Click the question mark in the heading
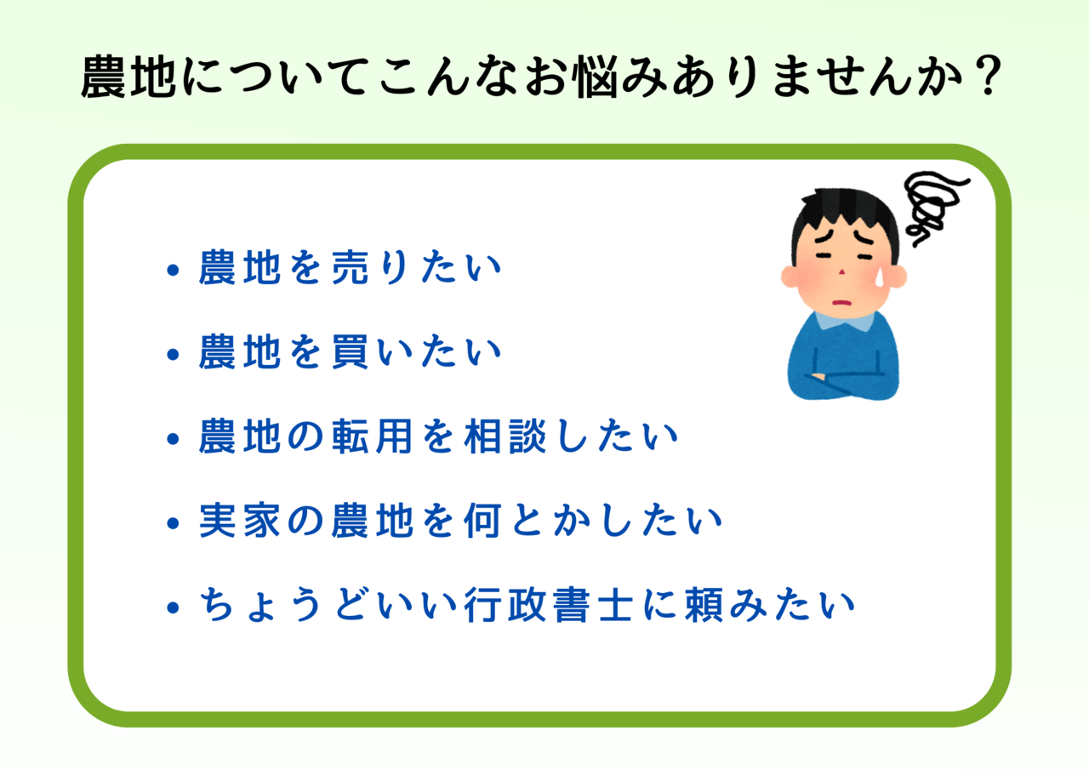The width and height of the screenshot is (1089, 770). coord(988,76)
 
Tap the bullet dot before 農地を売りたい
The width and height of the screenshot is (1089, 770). coord(173,270)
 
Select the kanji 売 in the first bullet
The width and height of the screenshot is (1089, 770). coord(350,267)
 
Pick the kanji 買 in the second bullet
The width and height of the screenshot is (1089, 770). coord(350,351)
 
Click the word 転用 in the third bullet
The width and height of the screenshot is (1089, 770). coord(373,436)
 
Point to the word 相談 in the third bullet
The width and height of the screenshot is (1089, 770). coord(505,436)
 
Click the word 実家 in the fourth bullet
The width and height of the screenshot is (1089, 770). coord(240,521)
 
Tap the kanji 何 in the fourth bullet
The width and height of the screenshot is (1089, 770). coord(482,521)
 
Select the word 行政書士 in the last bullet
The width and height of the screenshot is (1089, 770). coord(549,605)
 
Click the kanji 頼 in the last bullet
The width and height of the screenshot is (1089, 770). coord(704,605)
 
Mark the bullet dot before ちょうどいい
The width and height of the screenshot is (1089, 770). coord(173,607)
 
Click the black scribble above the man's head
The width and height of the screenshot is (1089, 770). coord(931,208)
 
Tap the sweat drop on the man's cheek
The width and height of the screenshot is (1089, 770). coord(880,277)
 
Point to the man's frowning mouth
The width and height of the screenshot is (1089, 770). coord(841,303)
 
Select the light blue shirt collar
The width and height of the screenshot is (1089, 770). coord(845,321)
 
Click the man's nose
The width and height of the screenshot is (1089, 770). coord(842,271)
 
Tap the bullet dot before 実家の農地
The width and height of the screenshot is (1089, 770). coord(173,523)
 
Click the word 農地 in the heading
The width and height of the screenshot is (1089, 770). coord(128,77)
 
